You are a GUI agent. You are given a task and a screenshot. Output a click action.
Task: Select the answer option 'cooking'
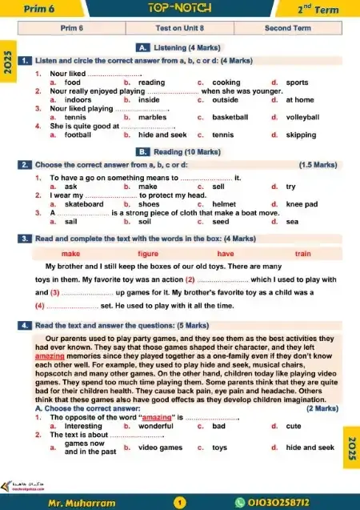(226, 82)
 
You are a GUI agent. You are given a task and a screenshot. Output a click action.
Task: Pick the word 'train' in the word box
(302, 253)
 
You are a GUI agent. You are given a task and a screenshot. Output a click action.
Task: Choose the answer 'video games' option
(160, 448)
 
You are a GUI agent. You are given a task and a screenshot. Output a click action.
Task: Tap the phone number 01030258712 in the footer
(280, 501)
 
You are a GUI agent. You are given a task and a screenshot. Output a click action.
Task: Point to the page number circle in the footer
(179, 501)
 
